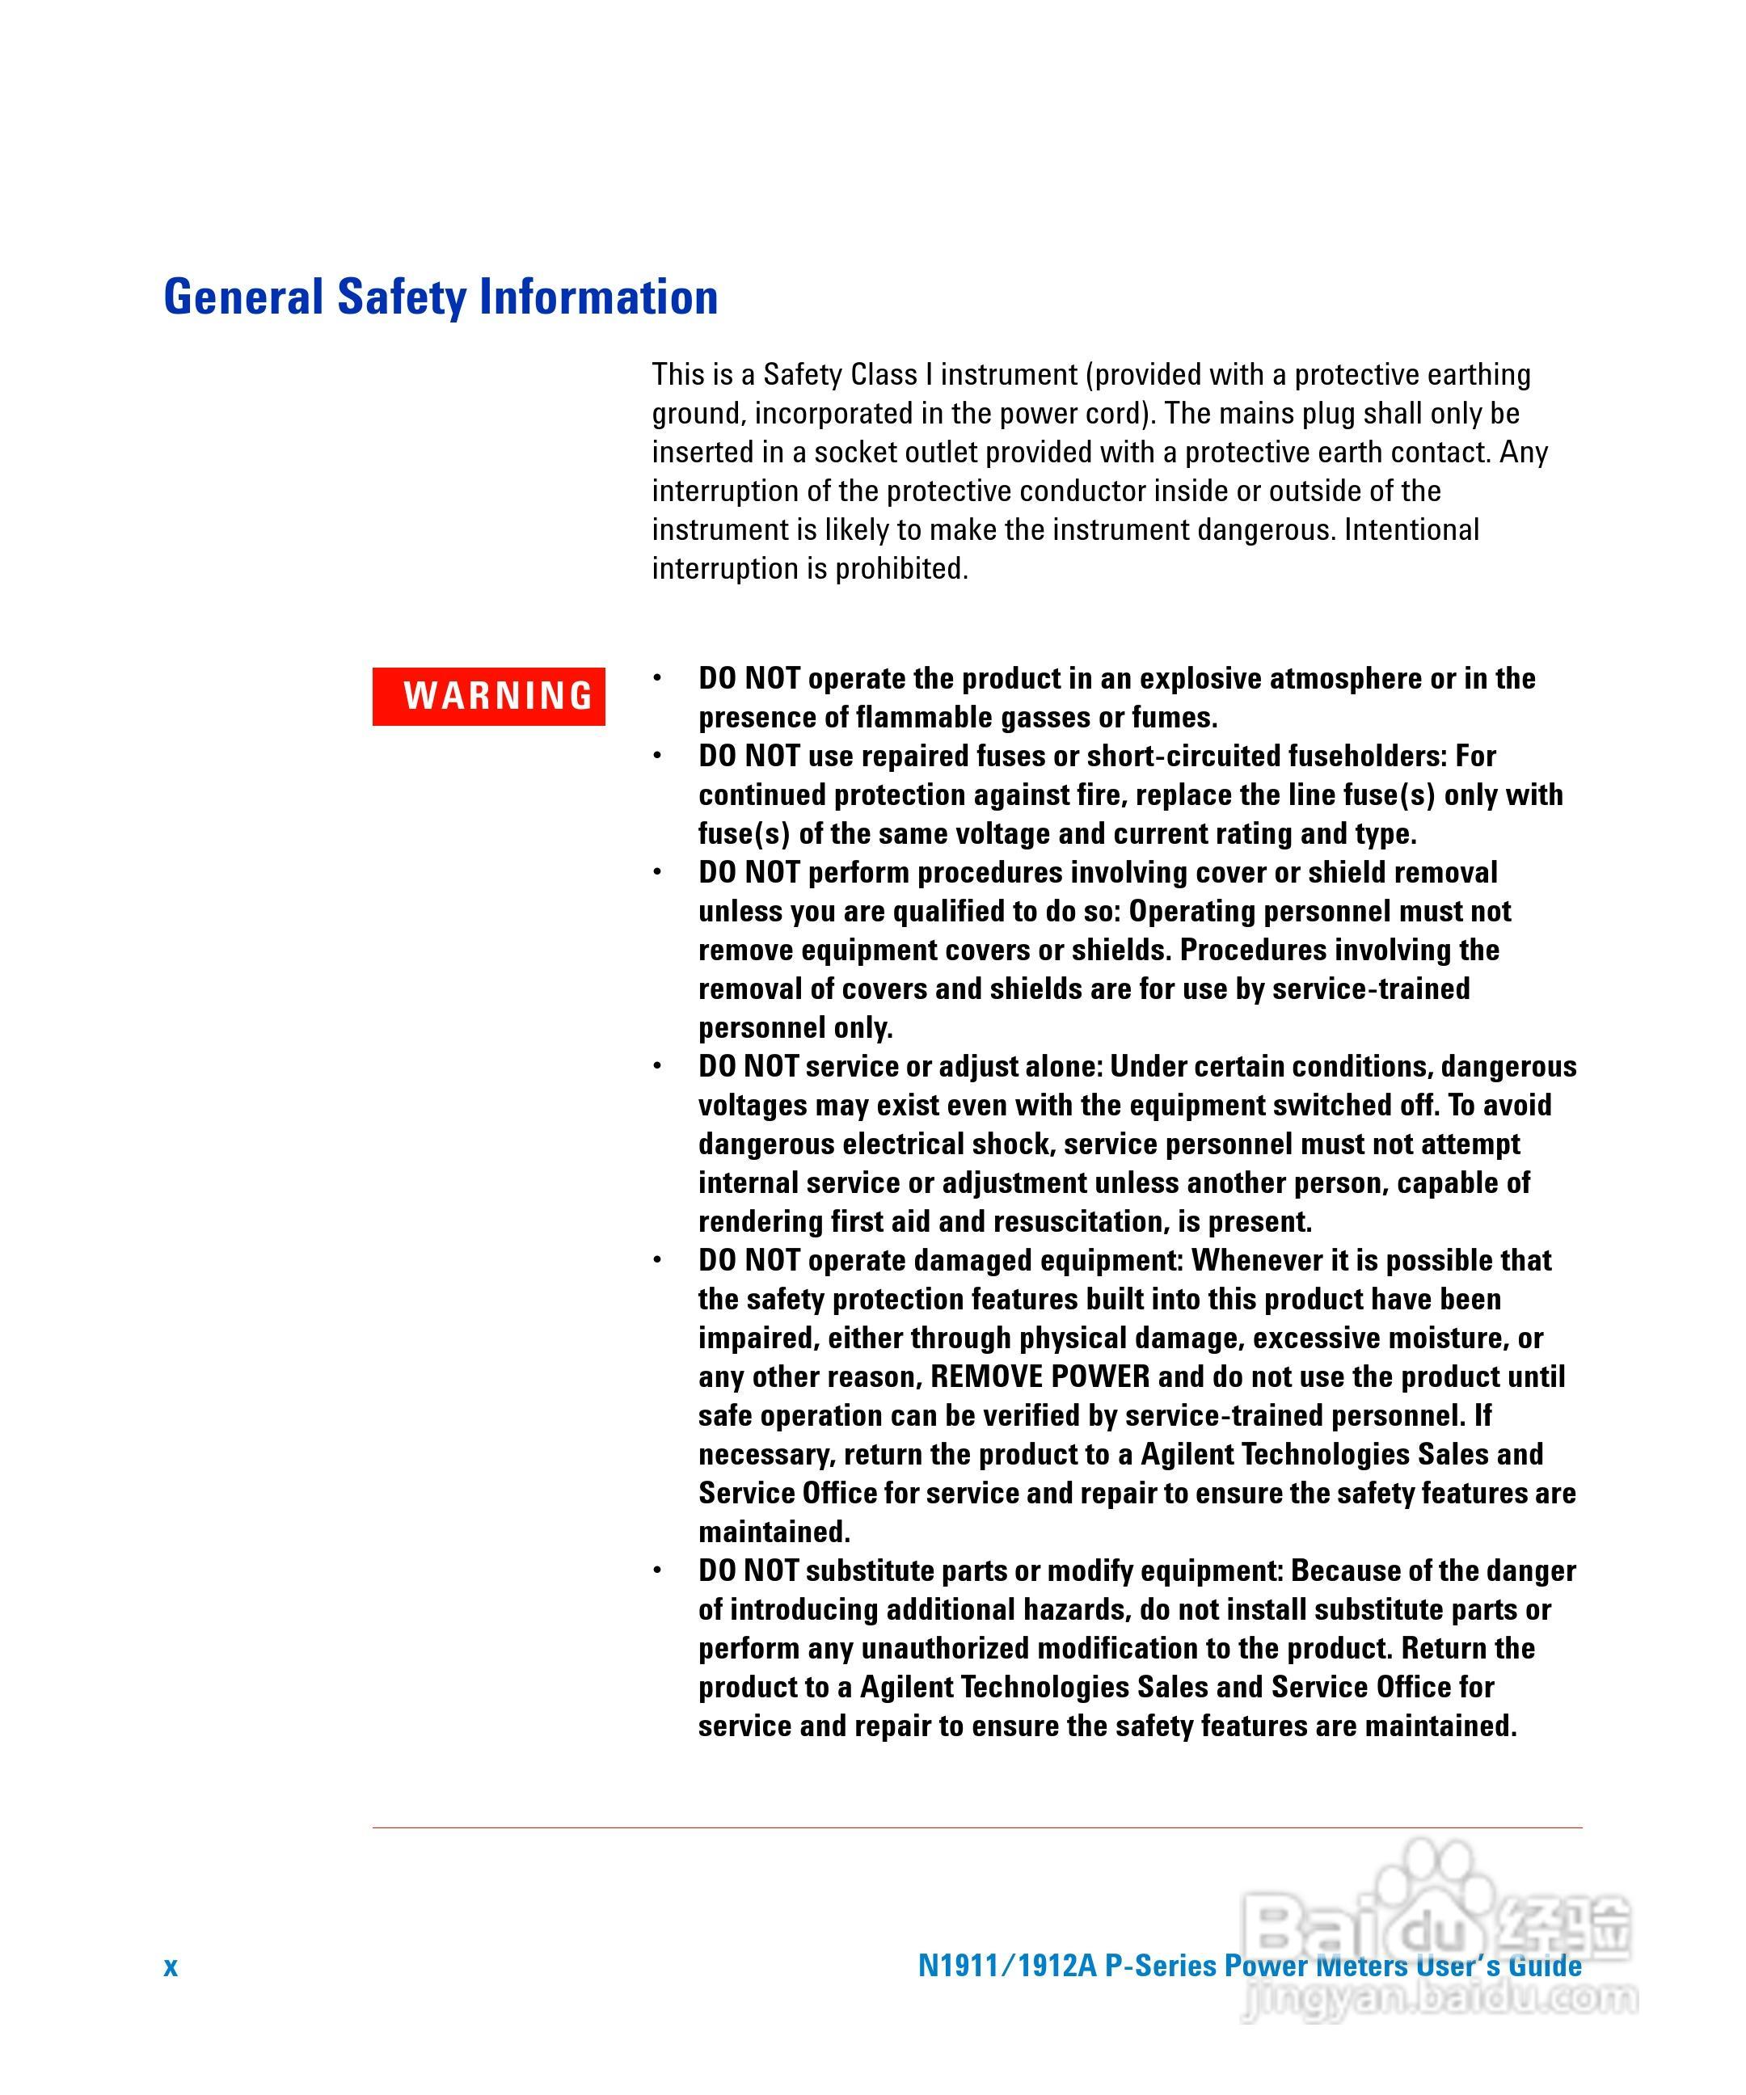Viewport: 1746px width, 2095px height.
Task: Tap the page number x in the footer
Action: tap(171, 1966)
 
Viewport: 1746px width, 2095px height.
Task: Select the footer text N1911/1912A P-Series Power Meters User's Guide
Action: tap(1249, 1966)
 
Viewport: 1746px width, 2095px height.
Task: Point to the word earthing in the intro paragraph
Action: tap(1478, 374)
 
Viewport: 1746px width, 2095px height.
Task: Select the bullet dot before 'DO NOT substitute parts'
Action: tap(656, 1571)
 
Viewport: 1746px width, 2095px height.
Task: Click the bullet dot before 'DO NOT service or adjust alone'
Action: tap(656, 1066)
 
